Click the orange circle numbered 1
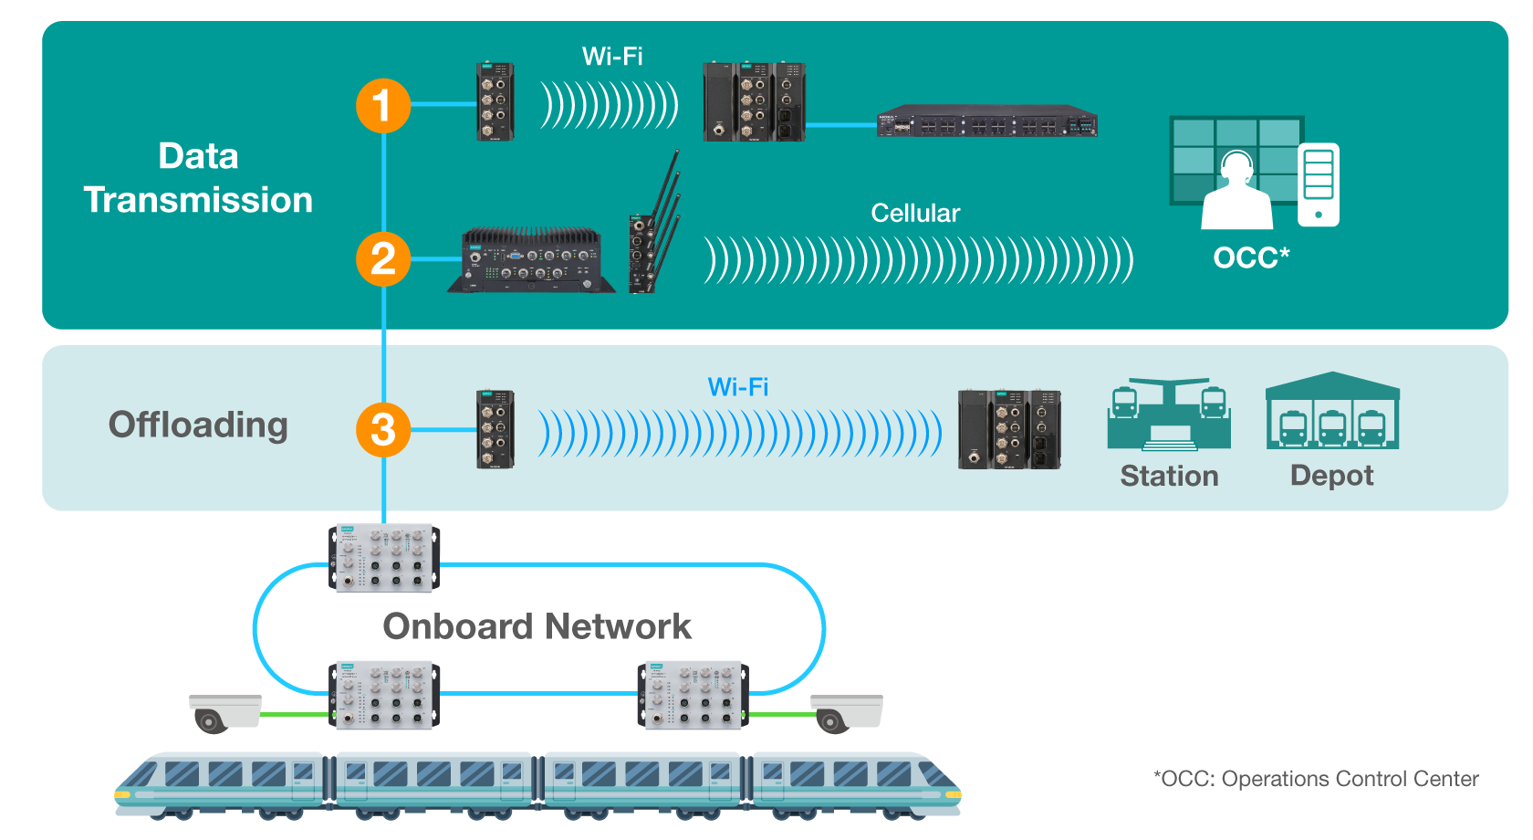click(382, 106)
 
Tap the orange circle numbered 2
click(382, 259)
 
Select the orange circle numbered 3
click(382, 430)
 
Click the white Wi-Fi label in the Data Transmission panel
click(612, 57)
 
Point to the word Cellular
click(915, 214)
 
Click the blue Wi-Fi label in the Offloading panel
click(737, 387)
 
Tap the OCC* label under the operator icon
click(1251, 258)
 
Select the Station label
click(1169, 476)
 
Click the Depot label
click(1331, 476)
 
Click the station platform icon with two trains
click(1169, 415)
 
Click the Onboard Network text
click(537, 627)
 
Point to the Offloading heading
click(198, 425)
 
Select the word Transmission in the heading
click(198, 200)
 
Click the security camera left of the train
click(224, 713)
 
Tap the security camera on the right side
click(847, 713)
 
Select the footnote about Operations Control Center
click(1315, 779)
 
